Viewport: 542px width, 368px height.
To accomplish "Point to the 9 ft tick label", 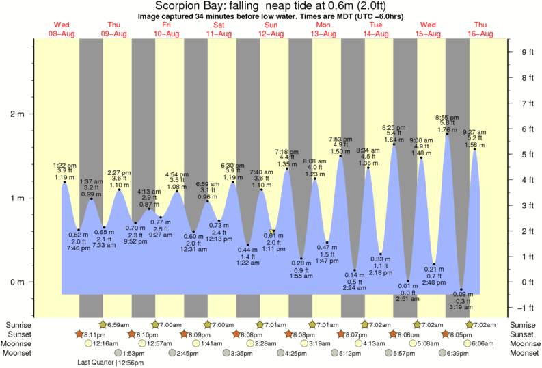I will coord(526,52).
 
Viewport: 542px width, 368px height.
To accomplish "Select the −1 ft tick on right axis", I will coord(526,307).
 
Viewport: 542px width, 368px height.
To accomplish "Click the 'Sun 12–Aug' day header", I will coord(271,29).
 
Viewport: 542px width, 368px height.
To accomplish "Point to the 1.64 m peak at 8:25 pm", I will coord(394,140).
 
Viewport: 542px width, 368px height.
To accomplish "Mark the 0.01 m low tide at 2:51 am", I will coord(408,286).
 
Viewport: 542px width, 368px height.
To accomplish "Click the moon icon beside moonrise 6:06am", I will coord(467,343).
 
